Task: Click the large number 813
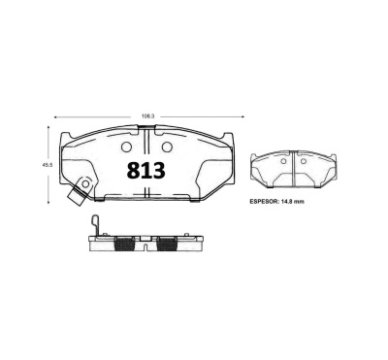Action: click(146, 170)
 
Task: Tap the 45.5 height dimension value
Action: click(46, 165)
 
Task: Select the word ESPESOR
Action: click(268, 202)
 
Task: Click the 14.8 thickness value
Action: click(295, 202)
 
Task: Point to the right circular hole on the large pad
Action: click(166, 147)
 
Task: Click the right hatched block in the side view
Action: click(167, 244)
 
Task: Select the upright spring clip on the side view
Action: click(94, 228)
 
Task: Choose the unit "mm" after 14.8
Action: click(312, 202)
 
